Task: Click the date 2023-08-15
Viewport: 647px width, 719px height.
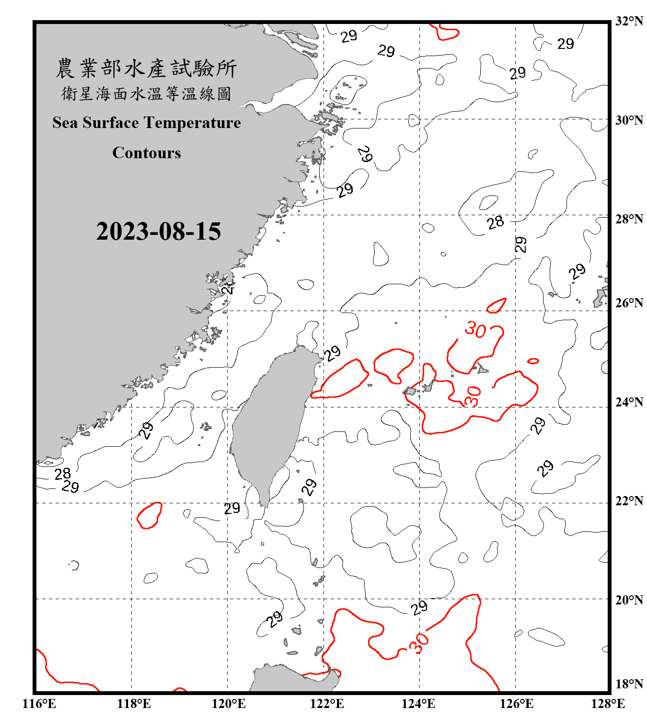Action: pos(158,232)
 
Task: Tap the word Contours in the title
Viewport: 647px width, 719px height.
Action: pos(147,153)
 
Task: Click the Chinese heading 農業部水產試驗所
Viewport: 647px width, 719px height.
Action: pos(146,69)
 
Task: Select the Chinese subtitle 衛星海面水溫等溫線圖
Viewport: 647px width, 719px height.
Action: pos(146,93)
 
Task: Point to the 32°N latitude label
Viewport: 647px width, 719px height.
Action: pos(629,21)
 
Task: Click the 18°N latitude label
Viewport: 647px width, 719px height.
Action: pos(629,684)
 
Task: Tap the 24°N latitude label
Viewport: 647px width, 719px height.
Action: pos(629,402)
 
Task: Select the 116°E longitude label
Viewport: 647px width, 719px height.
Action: pos(39,704)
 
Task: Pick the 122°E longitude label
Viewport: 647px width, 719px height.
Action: pos(327,704)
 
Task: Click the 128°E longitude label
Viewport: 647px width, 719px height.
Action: pos(608,704)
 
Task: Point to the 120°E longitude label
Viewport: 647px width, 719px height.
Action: pos(229,704)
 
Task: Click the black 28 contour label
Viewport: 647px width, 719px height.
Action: pos(496,222)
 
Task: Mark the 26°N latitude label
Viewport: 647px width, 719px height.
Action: pos(629,303)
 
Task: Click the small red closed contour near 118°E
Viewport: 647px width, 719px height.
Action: pos(150,515)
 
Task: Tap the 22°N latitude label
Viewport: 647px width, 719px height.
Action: pos(629,501)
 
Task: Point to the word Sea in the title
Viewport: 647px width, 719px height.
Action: pos(66,123)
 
